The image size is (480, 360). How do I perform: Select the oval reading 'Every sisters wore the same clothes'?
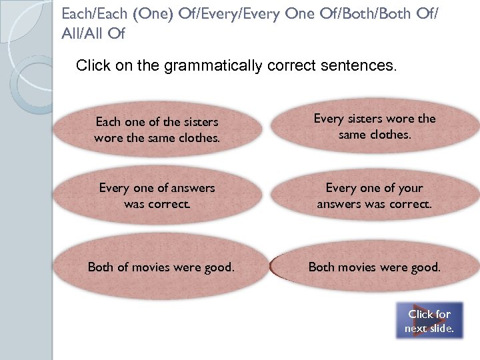[374, 127]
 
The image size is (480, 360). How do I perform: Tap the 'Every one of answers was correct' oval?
[157, 196]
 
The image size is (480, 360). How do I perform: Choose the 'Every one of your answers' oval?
[374, 196]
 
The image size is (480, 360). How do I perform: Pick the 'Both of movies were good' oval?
[161, 267]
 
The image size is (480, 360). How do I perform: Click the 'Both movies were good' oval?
[374, 267]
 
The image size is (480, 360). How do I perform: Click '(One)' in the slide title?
[125, 13]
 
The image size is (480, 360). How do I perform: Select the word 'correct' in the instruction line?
[290, 66]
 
